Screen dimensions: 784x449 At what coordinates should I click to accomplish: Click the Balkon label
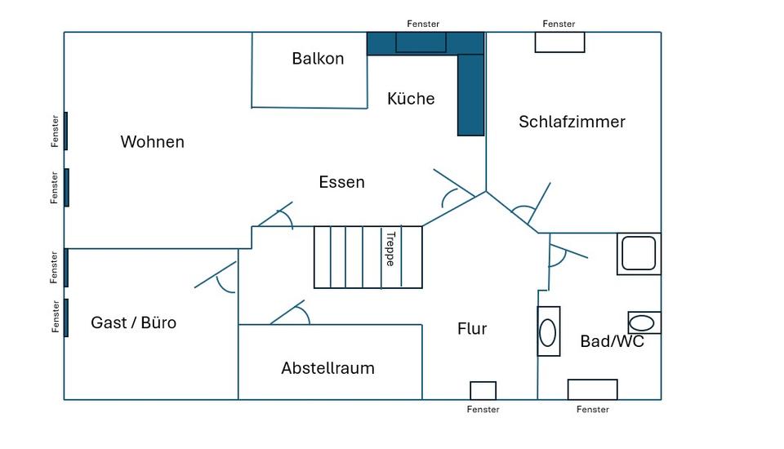click(318, 59)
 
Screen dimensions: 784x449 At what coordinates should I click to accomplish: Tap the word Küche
click(411, 98)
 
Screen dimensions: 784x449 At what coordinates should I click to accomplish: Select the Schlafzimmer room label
click(572, 122)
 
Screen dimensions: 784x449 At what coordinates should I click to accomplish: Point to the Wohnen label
click(153, 141)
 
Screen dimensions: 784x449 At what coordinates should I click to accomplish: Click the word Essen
click(342, 181)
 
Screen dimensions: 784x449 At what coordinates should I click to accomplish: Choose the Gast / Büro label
click(133, 322)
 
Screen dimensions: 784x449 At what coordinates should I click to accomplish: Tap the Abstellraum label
click(328, 368)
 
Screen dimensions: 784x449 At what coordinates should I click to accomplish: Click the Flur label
click(472, 328)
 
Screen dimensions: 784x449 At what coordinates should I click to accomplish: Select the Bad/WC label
click(612, 341)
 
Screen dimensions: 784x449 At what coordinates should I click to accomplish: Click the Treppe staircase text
click(390, 248)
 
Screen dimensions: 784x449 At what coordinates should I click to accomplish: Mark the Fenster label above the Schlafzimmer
click(559, 24)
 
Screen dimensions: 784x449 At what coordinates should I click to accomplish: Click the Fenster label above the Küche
click(423, 24)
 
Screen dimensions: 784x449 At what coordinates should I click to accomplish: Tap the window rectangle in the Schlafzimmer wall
click(560, 42)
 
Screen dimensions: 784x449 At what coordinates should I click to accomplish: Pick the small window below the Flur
click(483, 390)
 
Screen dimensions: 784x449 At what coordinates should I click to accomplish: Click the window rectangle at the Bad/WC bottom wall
click(593, 389)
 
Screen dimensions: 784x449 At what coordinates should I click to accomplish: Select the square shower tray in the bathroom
click(639, 254)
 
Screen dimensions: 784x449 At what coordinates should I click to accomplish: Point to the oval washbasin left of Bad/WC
click(549, 331)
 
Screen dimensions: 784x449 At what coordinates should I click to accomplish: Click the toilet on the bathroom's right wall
click(644, 322)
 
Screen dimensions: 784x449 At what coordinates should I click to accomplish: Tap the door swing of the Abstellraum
click(291, 313)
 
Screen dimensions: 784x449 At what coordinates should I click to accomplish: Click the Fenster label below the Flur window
click(483, 409)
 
